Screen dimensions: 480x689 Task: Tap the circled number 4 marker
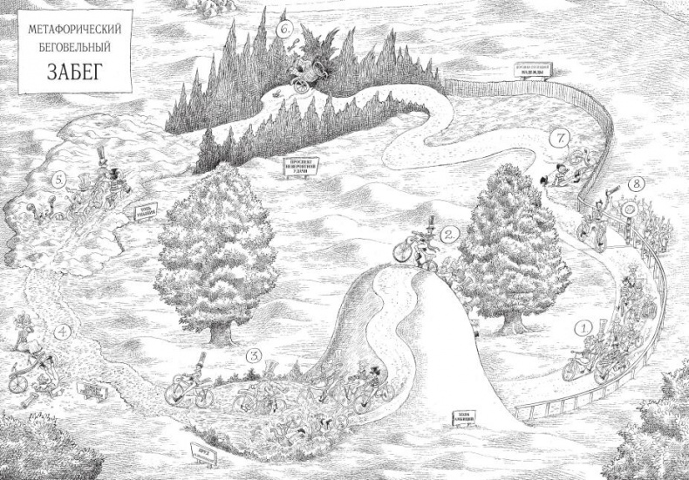tap(61, 331)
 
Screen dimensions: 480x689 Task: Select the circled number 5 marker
tap(59, 181)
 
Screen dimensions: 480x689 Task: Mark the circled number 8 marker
tap(638, 184)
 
